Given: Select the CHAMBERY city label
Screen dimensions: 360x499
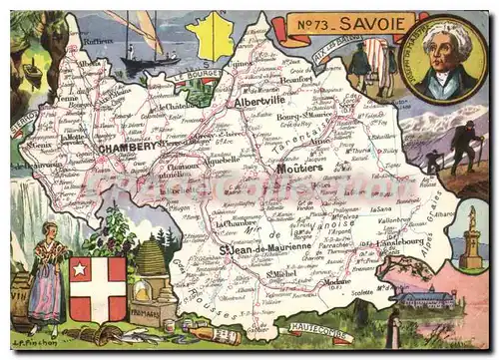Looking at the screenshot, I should click(128, 147).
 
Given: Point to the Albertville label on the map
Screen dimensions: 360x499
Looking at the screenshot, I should click(259, 103).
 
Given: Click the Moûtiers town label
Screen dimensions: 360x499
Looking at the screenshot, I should click(299, 168).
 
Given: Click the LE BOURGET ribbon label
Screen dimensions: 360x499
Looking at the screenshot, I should click(194, 76).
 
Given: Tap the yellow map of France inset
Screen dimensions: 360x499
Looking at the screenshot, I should click(213, 36).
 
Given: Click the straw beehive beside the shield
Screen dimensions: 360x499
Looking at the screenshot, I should click(150, 260).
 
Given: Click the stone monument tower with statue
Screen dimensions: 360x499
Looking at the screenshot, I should click(470, 238).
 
